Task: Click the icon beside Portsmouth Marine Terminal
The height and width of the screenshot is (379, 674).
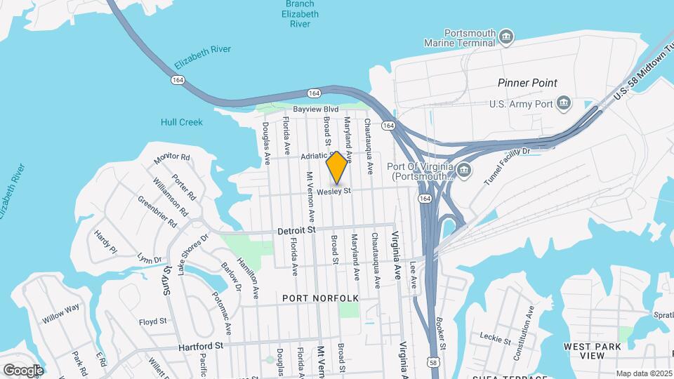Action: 506,36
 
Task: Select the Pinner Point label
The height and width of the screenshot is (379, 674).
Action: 527,83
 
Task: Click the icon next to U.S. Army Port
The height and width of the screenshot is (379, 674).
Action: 564,105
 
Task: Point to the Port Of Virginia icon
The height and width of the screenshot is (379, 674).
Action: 463,169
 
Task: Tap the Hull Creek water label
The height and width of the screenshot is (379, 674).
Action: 182,122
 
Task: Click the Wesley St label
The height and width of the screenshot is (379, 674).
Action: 333,191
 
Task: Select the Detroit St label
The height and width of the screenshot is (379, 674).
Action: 298,230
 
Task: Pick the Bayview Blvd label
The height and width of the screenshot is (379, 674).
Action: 316,109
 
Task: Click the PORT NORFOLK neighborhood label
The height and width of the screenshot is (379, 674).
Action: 320,298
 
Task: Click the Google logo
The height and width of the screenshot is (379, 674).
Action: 23,370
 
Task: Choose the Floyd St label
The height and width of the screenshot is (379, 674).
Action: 152,322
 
